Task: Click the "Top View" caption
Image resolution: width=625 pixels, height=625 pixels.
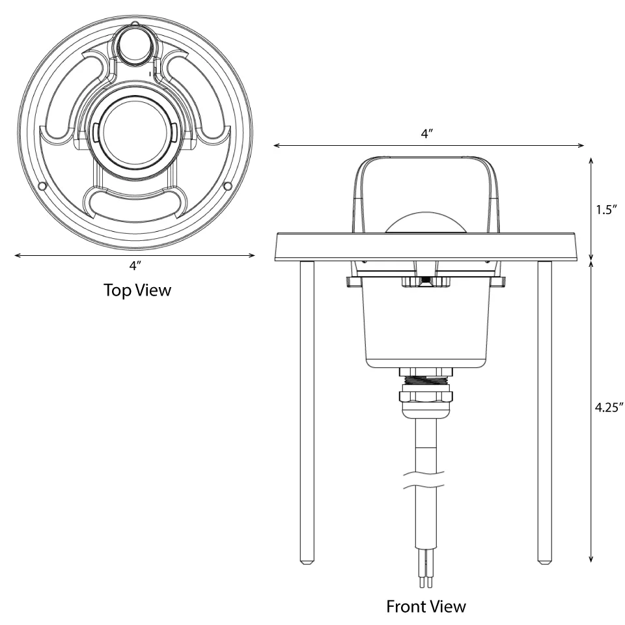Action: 137,290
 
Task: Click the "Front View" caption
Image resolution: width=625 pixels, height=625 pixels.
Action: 426,606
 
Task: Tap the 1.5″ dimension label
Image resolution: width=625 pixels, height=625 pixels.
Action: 606,210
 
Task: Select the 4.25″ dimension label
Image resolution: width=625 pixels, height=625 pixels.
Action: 609,407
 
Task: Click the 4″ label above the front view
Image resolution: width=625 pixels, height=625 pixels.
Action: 426,133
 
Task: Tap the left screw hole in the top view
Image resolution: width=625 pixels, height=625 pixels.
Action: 42,186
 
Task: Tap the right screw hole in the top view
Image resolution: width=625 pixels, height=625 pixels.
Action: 228,186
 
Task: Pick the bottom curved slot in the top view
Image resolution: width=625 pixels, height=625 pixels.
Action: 135,202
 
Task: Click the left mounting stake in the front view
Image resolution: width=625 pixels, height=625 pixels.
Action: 307,412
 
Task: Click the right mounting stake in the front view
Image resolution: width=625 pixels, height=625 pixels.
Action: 544,412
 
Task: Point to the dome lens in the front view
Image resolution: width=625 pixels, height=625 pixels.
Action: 426,223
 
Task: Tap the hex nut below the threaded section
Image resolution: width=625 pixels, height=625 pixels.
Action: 426,396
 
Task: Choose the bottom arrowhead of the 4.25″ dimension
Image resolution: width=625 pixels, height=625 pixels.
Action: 590,559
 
